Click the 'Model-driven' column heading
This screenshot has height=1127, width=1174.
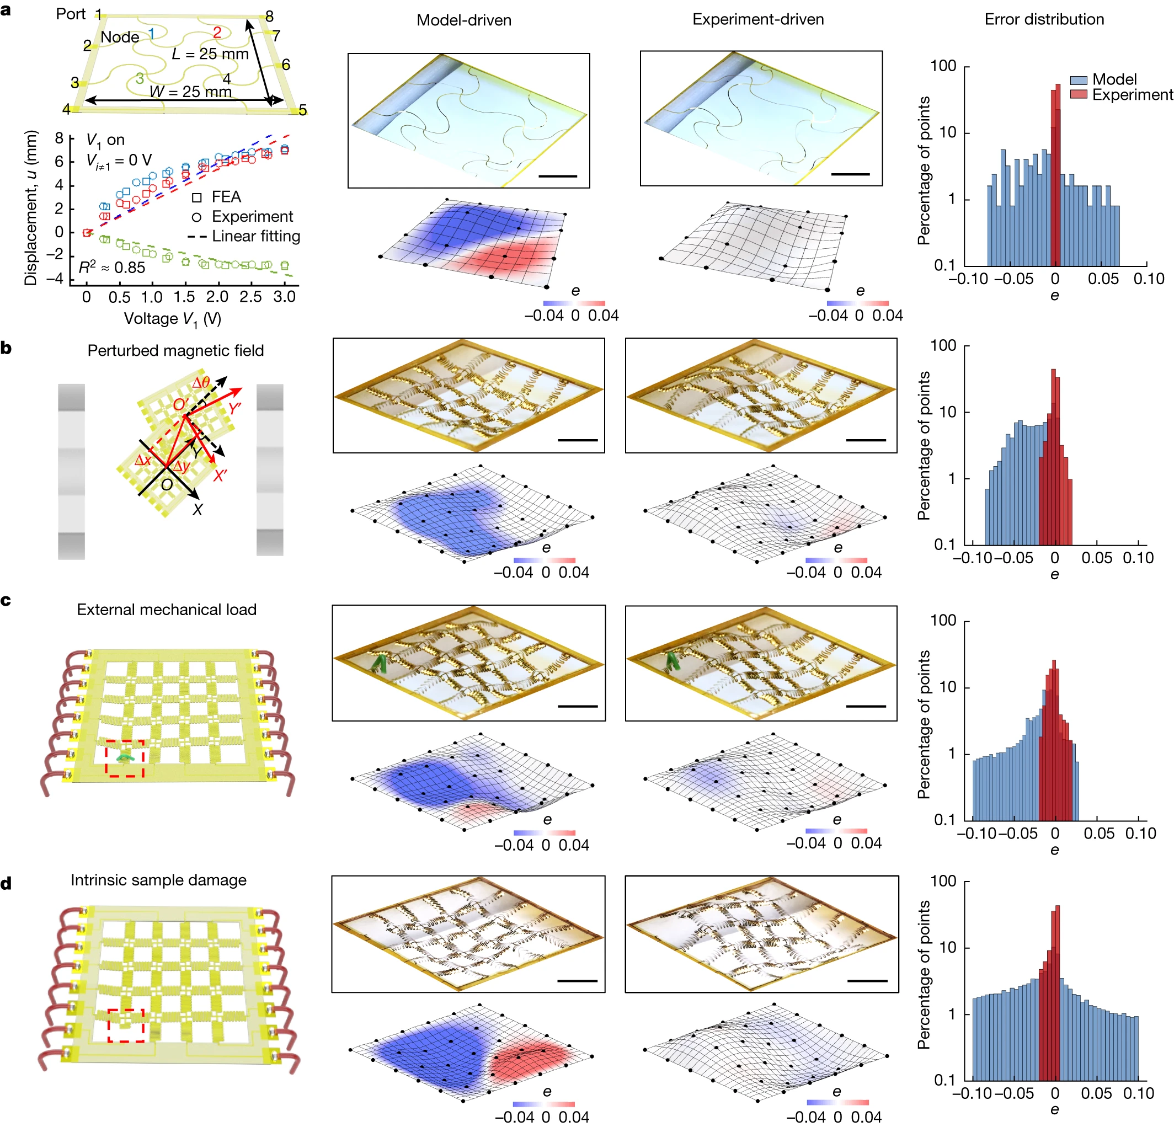[x=463, y=20]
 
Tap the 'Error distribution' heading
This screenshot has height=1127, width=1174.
[x=1044, y=20]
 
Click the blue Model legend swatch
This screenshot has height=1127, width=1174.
[x=1079, y=80]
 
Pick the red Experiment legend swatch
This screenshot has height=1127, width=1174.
[x=1079, y=95]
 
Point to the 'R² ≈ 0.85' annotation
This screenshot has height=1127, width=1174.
[x=112, y=268]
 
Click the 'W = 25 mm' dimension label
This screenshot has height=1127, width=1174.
[x=190, y=92]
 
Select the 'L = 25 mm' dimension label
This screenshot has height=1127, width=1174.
[x=210, y=54]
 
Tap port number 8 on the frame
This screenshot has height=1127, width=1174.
[x=270, y=16]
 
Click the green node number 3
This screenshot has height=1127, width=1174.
[x=140, y=78]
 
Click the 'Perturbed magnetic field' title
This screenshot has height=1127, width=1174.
[x=175, y=350]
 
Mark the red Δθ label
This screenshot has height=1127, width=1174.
[x=201, y=383]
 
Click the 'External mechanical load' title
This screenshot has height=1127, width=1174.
[x=167, y=610]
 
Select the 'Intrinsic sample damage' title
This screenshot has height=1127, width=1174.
[x=158, y=880]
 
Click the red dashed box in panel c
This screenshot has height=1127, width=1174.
[x=125, y=759]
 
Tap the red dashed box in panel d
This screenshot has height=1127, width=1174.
[x=126, y=1025]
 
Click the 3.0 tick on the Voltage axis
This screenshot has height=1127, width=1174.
[x=285, y=296]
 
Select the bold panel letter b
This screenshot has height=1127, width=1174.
[x=7, y=348]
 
